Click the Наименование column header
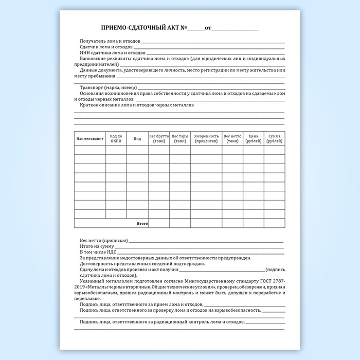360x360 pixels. [x=90, y=139]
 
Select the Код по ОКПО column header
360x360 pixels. [x=116, y=139]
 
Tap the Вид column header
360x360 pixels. [x=137, y=139]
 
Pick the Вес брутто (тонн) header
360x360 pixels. [x=159, y=139]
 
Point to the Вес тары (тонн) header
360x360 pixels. [x=180, y=139]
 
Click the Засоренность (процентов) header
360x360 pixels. [x=206, y=139]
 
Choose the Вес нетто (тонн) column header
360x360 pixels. [x=232, y=139]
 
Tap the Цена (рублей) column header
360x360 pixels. [x=253, y=139]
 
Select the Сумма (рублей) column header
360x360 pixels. [x=274, y=139]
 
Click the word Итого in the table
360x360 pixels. [x=142, y=224]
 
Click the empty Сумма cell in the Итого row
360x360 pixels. [x=274, y=224]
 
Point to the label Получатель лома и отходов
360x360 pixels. [x=110, y=41]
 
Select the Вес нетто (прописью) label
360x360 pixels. [x=104, y=241]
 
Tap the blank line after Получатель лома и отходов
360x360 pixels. [x=213, y=41]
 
